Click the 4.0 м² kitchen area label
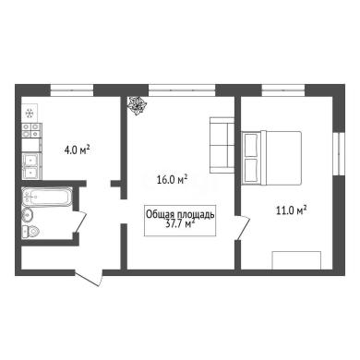point(77,150)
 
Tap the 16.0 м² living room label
point(173,179)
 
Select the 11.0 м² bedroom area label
point(292,210)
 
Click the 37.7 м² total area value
point(181,224)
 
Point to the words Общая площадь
point(180,214)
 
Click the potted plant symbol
point(137,105)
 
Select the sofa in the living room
point(222,145)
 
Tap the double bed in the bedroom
point(271,158)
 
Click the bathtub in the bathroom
point(47,197)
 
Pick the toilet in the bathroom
point(30,231)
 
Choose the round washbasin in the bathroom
point(28,214)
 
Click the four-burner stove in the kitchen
point(31,130)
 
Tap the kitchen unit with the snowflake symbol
point(30,114)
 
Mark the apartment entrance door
point(89,277)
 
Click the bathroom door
point(79,222)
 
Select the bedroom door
point(243,227)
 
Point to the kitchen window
point(72,90)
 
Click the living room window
point(182,90)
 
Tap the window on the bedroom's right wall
point(339,153)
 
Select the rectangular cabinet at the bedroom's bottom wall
point(296,260)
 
